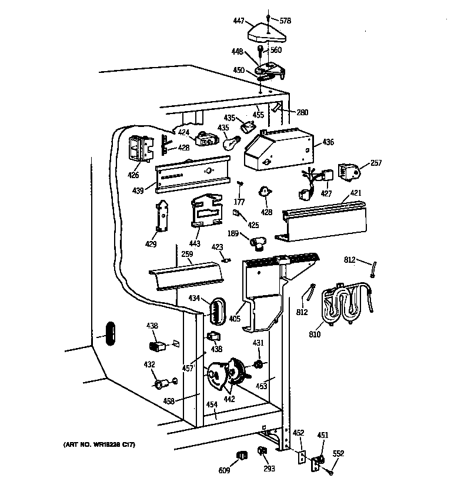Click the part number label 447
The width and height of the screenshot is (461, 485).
point(239,20)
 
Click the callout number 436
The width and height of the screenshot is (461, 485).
point(328,142)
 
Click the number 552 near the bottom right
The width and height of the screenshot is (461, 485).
point(338,453)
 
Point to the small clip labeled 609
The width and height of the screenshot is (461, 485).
point(240,455)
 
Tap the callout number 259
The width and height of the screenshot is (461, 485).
point(187,254)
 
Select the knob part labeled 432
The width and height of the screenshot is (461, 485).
point(160,384)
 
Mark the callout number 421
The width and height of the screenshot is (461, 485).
point(356,193)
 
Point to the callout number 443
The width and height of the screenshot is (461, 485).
point(195,243)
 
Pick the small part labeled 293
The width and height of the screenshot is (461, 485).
point(262,451)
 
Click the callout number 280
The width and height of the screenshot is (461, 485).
point(302,112)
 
